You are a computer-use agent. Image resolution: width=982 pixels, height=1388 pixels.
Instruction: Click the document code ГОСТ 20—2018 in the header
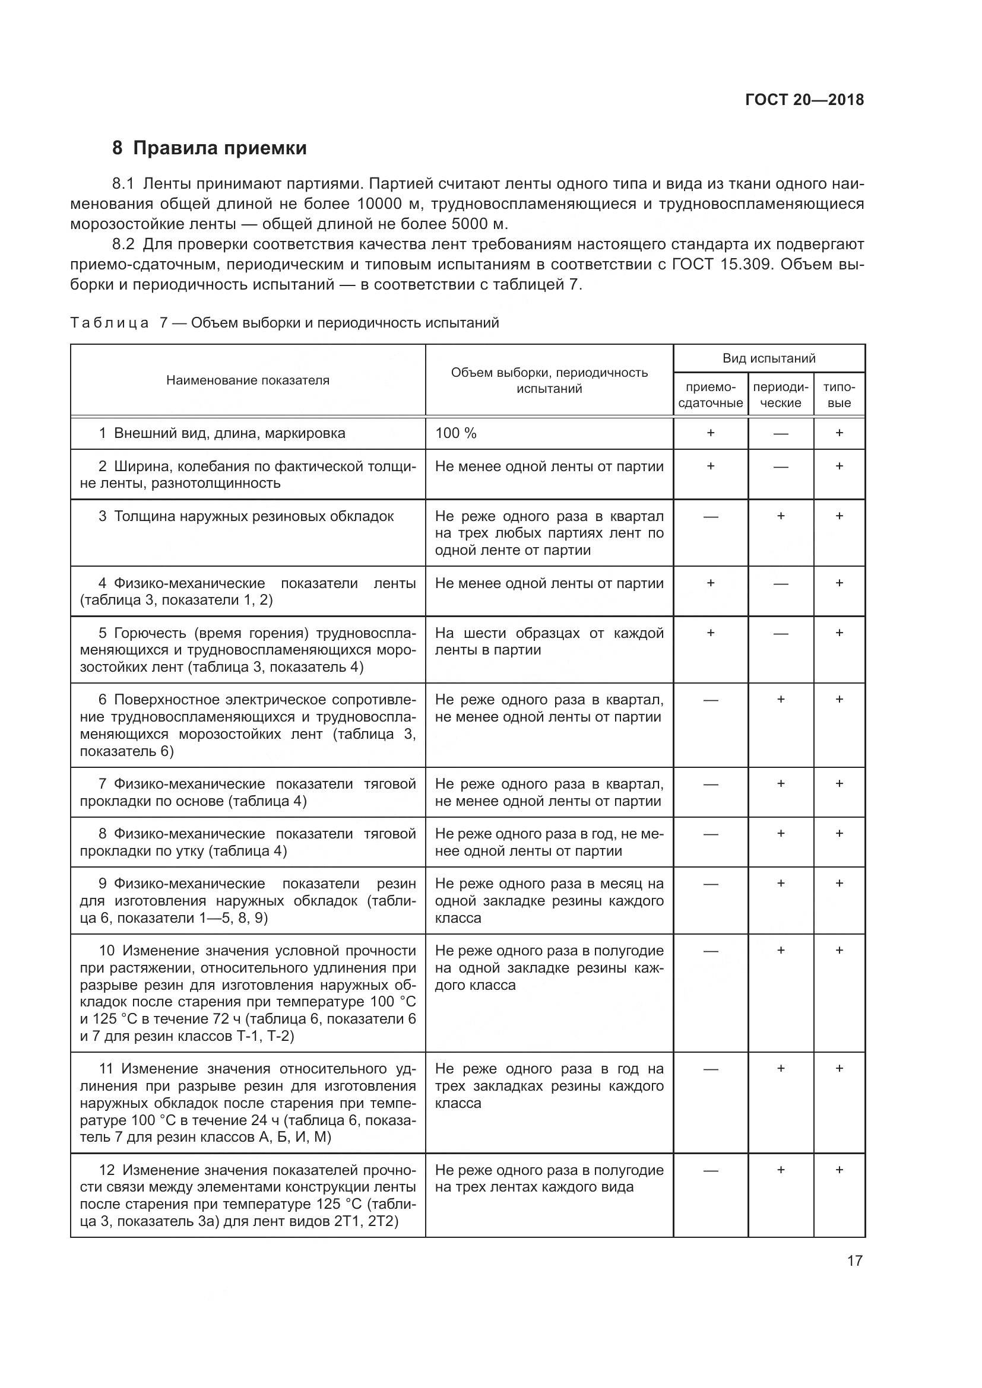(804, 100)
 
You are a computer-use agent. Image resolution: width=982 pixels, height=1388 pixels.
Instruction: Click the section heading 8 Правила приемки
(209, 148)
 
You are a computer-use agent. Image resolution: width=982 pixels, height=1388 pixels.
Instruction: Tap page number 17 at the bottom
(854, 1260)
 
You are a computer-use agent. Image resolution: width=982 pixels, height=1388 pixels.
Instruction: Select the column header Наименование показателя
(248, 380)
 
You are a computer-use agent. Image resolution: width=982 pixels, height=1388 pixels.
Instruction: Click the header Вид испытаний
(768, 358)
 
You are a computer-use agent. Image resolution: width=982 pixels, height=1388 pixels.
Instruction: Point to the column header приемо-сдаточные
(711, 395)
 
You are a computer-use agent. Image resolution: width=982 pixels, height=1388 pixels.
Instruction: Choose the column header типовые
(839, 395)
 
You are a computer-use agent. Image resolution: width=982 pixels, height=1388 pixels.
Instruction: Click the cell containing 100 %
(456, 433)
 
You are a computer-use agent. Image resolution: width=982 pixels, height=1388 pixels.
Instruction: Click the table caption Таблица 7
(109, 323)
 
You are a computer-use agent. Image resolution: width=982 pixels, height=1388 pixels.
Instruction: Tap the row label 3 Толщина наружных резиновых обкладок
(246, 516)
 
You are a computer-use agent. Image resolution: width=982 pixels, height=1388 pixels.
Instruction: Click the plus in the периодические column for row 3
(781, 516)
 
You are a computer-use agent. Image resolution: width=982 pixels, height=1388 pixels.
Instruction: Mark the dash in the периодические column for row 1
(781, 434)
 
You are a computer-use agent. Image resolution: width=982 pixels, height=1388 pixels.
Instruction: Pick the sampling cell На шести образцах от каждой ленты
(549, 641)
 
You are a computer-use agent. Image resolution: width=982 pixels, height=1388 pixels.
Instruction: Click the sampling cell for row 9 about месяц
(549, 901)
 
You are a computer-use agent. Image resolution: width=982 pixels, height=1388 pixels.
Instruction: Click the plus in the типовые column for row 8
(839, 834)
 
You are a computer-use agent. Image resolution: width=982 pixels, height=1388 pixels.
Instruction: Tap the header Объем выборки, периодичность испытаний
(549, 380)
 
